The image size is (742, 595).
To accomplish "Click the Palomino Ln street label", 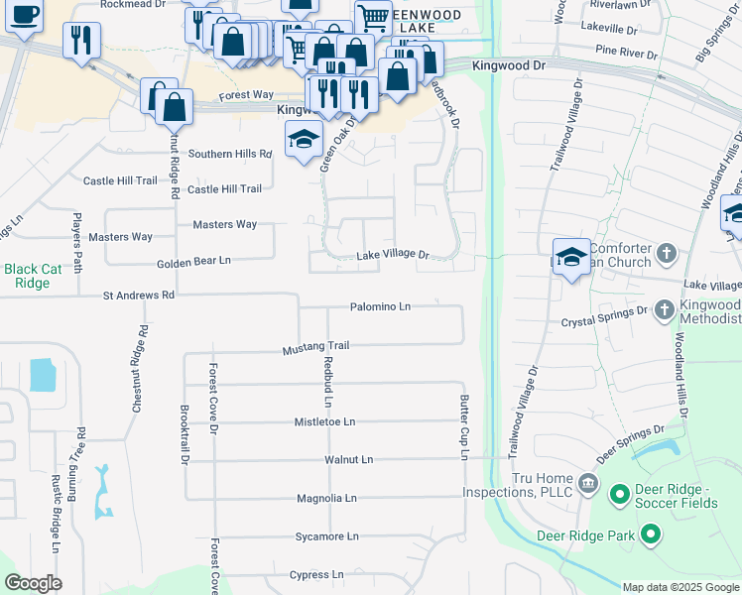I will point(380,307).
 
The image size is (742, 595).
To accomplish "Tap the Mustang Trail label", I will point(316,346).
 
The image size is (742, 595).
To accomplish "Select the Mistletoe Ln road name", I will point(324,421).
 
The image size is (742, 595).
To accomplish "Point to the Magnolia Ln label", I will point(326,498).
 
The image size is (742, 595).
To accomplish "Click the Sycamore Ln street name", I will point(327,536).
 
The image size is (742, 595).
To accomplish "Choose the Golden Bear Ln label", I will point(193,261).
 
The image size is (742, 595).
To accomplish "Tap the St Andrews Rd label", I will point(139,296).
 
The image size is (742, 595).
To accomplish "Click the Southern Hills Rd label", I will point(230,155).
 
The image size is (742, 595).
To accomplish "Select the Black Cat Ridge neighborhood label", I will point(33,275).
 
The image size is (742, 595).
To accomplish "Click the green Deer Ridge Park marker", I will point(651,535).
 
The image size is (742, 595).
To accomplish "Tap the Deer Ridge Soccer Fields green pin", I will point(620,493).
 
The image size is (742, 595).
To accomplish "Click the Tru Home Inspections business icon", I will point(588,484).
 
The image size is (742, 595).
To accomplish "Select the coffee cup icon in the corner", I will point(24,16).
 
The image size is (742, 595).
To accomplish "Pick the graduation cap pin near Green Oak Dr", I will point(304,139).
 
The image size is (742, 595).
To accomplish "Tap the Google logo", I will point(34,583).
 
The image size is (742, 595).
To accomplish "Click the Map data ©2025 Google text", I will point(680,587).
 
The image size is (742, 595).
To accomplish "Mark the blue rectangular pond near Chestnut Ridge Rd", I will point(44,375).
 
